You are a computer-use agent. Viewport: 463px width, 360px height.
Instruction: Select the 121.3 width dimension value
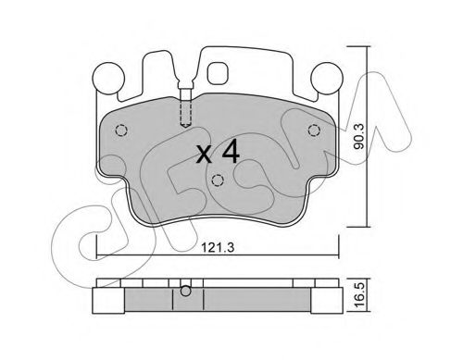click(218, 247)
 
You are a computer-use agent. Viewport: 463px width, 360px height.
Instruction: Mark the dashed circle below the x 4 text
click(217, 181)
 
